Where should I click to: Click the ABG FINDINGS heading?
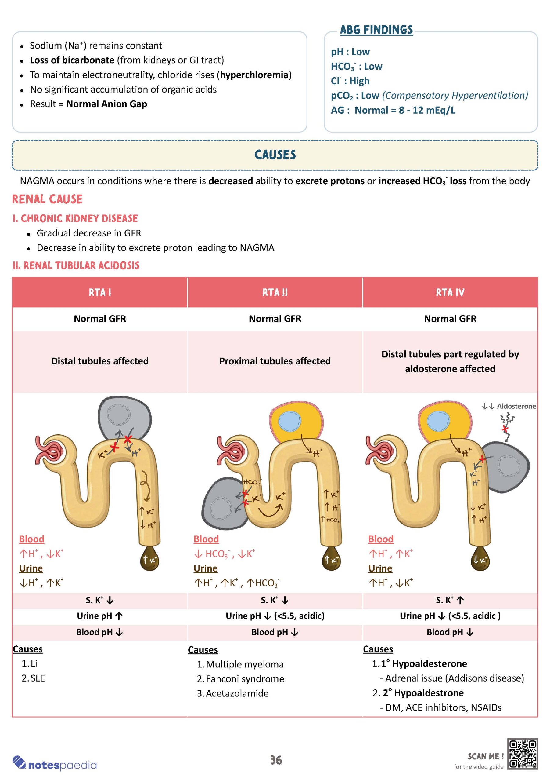pyautogui.click(x=376, y=30)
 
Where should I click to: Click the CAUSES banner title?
pyautogui.click(x=275, y=155)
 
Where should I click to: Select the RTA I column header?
pyautogui.click(x=100, y=292)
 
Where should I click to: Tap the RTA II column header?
pyautogui.click(x=275, y=292)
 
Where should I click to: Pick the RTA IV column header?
pyautogui.click(x=450, y=292)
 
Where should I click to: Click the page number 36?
pyautogui.click(x=276, y=760)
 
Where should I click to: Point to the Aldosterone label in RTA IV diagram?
pyautogui.click(x=516, y=406)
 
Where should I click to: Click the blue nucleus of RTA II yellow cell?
pyautogui.click(x=289, y=421)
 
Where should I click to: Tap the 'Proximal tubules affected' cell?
pyautogui.click(x=275, y=361)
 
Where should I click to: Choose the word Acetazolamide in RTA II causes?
pyautogui.click(x=237, y=693)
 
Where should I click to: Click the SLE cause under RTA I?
pyautogui.click(x=38, y=678)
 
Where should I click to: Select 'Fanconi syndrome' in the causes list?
pyautogui.click(x=245, y=679)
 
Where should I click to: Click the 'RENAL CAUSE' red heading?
pyautogui.click(x=47, y=199)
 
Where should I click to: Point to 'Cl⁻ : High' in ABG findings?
pyautogui.click(x=350, y=81)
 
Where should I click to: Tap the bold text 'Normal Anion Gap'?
pyautogui.click(x=106, y=104)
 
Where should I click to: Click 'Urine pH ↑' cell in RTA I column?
pyautogui.click(x=100, y=616)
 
